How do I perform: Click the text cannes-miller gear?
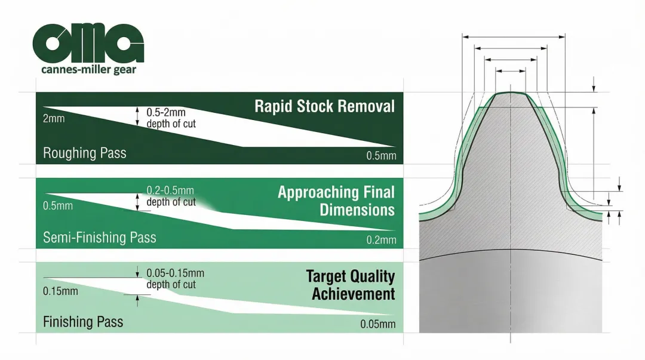88,70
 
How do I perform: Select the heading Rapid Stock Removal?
324,106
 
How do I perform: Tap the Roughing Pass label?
84,153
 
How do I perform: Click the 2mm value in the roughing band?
54,118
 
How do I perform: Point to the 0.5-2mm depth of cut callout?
171,118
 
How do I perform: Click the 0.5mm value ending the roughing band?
381,156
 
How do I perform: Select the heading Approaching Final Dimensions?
336,201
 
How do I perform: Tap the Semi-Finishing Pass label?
99,238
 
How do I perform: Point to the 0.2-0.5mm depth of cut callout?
171,196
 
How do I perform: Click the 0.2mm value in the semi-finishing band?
381,240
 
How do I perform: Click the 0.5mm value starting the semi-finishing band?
58,206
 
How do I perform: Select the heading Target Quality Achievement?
351,285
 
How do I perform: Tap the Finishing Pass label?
82,322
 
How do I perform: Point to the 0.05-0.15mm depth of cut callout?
175,279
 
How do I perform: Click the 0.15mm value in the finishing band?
60,291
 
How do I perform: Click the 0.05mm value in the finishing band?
378,325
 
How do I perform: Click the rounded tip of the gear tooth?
511,94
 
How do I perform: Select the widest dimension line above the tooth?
514,37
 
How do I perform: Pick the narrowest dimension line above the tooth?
511,72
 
